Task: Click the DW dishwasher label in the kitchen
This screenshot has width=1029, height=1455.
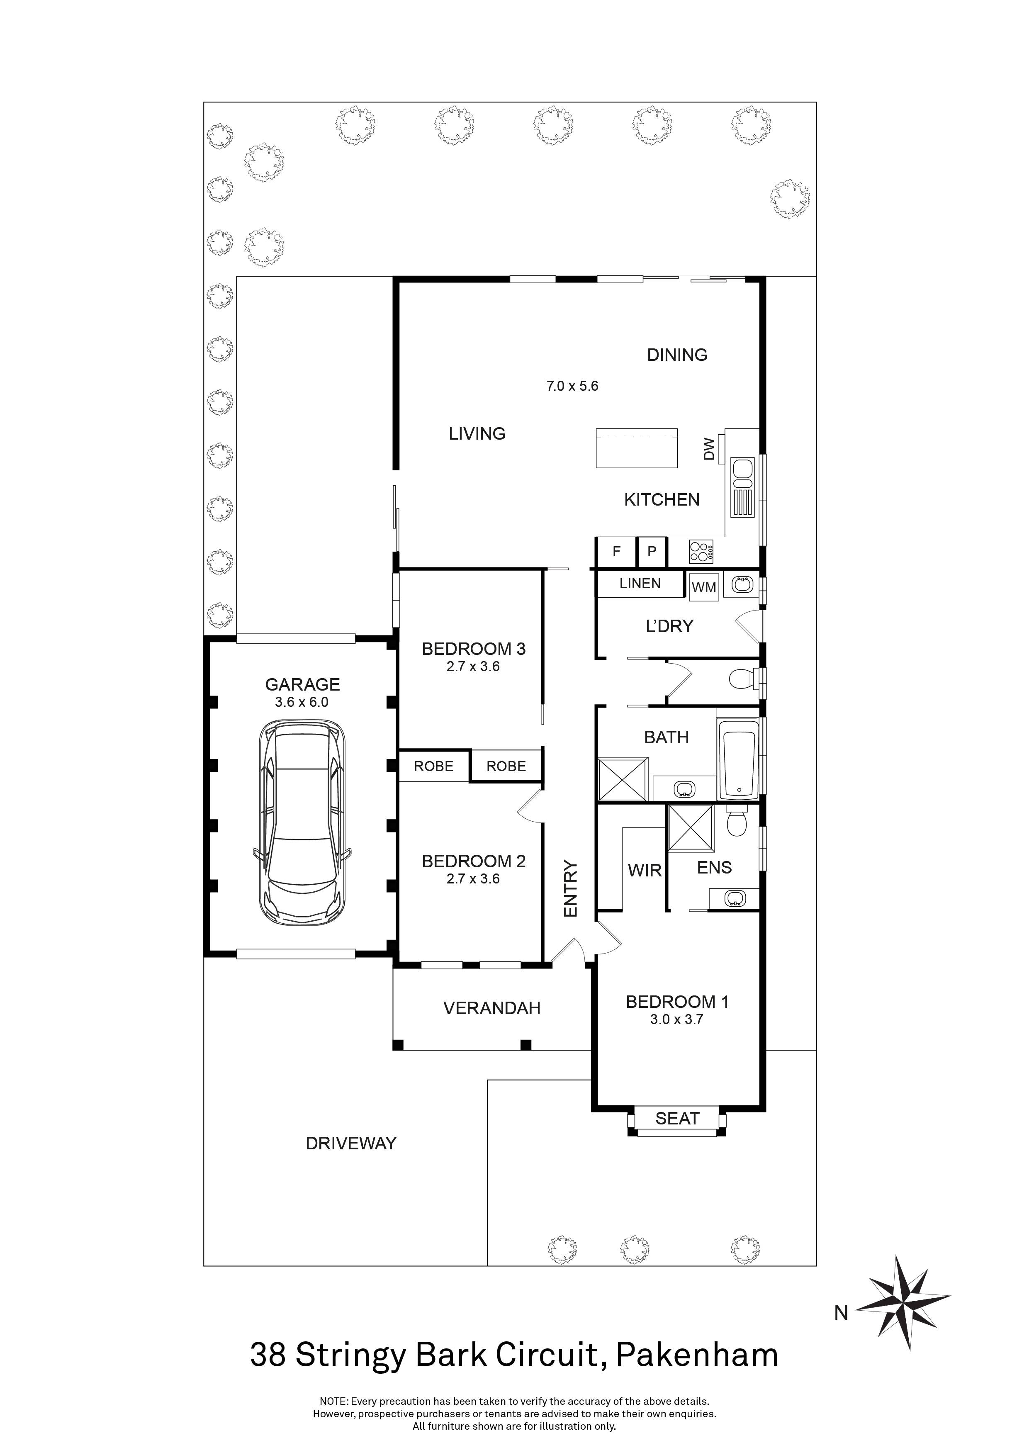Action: click(709, 449)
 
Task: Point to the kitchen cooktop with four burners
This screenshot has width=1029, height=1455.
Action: click(701, 551)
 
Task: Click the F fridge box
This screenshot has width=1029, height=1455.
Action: click(616, 551)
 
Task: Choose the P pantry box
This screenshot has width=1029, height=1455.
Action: click(651, 551)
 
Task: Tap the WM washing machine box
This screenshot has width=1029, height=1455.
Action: click(704, 587)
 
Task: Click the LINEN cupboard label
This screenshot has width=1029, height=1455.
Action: click(640, 584)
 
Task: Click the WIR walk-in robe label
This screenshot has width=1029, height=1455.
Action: click(645, 871)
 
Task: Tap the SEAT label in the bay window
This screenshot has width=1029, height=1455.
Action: click(677, 1119)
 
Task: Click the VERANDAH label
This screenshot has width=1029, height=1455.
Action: click(492, 1008)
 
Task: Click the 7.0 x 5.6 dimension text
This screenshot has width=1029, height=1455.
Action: click(572, 386)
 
